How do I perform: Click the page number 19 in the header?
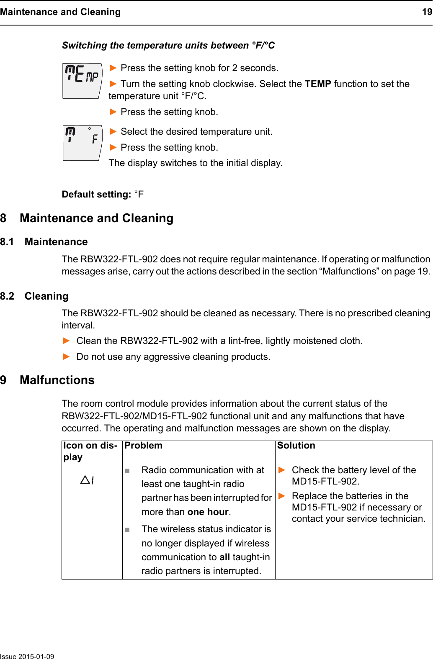427,12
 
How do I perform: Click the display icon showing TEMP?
82,80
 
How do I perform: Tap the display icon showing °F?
82,142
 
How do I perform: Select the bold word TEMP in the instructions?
318,84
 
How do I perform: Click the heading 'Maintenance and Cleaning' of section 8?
96,218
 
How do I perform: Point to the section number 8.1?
7,242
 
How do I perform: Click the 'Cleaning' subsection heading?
46,296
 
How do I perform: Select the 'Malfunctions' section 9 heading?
57,380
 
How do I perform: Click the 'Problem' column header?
143,446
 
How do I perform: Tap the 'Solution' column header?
296,446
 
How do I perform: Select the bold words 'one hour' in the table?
208,512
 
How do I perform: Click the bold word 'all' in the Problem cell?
224,557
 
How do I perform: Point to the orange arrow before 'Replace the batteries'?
282,496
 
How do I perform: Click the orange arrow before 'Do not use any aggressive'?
66,356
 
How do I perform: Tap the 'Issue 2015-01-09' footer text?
27,656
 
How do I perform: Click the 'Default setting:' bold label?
96,194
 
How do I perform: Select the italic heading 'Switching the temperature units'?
168,45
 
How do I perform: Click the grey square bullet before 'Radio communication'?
127,471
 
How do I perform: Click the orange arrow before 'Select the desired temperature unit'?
113,131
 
